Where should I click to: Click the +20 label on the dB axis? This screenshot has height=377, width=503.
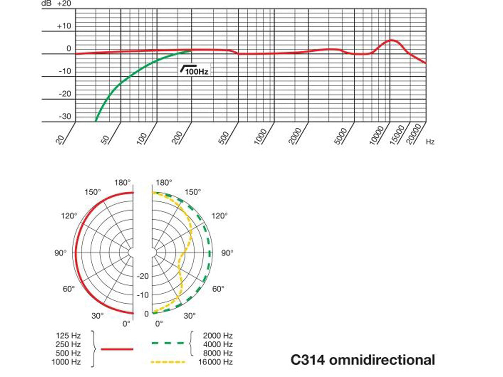pos(64,3)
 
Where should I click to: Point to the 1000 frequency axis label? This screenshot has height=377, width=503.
pos(261,136)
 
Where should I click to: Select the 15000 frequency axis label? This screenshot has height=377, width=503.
pos(397,134)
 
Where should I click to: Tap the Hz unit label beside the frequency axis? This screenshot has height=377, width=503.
pos(430,142)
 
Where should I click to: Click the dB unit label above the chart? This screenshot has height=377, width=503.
pos(46,3)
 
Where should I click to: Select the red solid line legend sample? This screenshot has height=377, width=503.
pos(117,349)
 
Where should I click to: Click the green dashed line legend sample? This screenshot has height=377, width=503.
pos(168,343)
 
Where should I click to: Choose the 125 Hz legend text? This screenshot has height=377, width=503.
pos(68,335)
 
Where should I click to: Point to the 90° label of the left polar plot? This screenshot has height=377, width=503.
pos(60,253)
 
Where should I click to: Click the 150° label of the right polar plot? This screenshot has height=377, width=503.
pos(193,192)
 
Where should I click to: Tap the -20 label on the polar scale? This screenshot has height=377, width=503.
pos(143,276)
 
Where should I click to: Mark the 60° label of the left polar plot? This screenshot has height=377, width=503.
pos(69,289)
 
